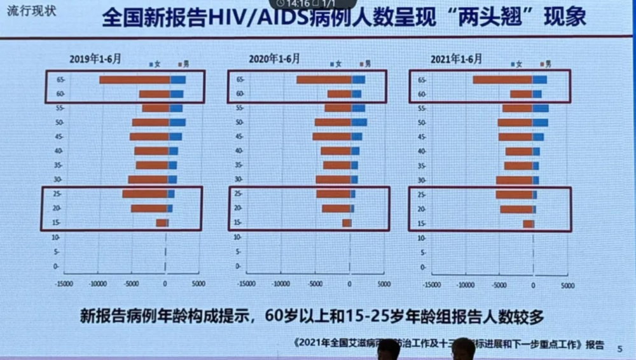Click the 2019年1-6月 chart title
(95, 59)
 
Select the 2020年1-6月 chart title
(274, 59)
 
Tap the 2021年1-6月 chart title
(456, 59)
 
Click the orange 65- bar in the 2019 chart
(134, 80)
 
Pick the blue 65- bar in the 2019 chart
(177, 80)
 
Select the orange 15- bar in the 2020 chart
(347, 223)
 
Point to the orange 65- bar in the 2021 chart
(502, 80)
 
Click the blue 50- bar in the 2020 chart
(359, 122)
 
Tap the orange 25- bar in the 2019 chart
(145, 194)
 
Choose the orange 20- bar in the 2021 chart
(516, 209)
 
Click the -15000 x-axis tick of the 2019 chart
(64, 284)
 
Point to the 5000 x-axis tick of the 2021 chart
(567, 286)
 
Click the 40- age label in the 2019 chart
(59, 151)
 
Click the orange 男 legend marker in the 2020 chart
(360, 64)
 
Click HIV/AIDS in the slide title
(255, 18)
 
